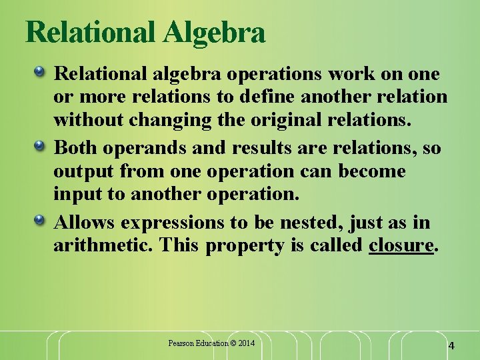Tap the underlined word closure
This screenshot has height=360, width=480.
click(401, 245)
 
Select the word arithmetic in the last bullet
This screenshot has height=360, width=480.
click(103, 245)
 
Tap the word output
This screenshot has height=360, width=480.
click(84, 171)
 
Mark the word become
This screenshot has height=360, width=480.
click(372, 171)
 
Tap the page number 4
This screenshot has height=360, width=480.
click(451, 346)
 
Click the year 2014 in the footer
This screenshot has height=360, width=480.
click(245, 343)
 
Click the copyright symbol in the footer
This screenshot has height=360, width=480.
click(233, 343)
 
